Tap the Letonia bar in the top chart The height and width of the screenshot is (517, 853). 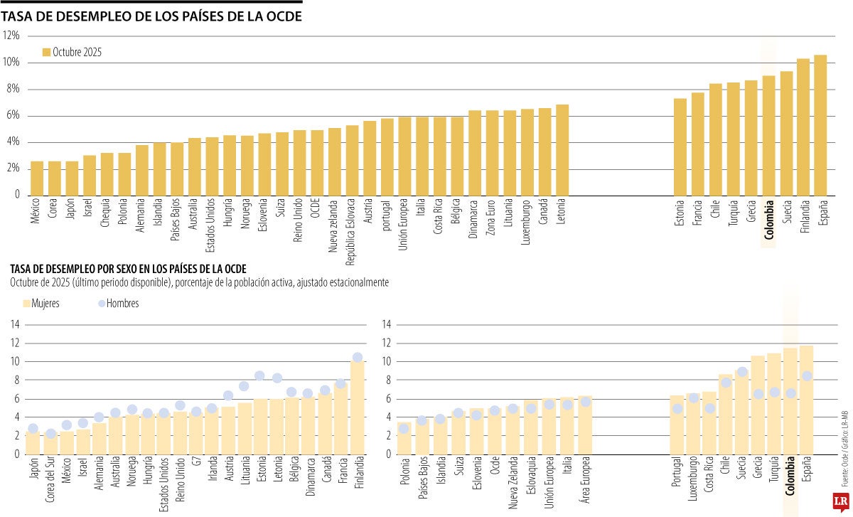click(x=562, y=150)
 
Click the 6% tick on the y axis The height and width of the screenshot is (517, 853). click(x=12, y=115)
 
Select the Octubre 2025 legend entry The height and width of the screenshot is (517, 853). click(x=72, y=52)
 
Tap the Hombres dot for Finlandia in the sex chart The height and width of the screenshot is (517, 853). click(x=358, y=358)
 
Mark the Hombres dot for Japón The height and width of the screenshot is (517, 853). click(x=33, y=429)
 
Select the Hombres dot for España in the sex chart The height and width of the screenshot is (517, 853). click(x=807, y=376)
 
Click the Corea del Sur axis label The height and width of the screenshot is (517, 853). click(x=50, y=485)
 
